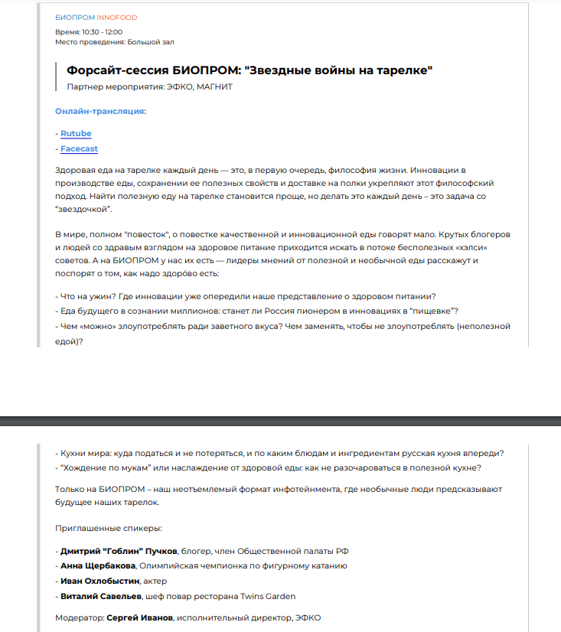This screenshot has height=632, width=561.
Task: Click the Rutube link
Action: coord(76,134)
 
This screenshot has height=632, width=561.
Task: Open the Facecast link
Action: coord(79,149)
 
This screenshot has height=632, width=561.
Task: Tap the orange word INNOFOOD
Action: coord(117,17)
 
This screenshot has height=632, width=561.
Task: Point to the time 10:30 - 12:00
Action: coord(102,32)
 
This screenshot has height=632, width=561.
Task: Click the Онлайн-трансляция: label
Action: coord(100,112)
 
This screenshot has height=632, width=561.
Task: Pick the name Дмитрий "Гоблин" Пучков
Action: coord(119,551)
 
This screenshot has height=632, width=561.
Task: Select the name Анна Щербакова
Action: coord(98,565)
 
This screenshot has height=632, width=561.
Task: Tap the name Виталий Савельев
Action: coord(99,596)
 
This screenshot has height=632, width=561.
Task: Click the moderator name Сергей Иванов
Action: coord(139,617)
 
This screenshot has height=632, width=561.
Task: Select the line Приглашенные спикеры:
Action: coord(108,528)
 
